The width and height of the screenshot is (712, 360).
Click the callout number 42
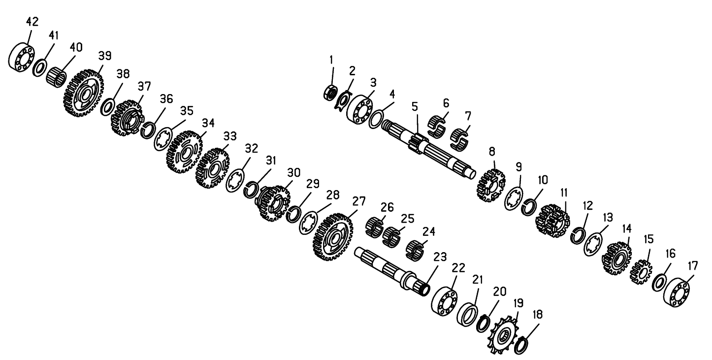click(x=32, y=22)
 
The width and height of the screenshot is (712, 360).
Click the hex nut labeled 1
click(x=330, y=93)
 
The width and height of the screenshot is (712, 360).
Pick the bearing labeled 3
click(x=359, y=110)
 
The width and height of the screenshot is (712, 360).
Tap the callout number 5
click(x=415, y=107)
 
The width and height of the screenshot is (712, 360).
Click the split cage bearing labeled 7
click(x=459, y=139)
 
